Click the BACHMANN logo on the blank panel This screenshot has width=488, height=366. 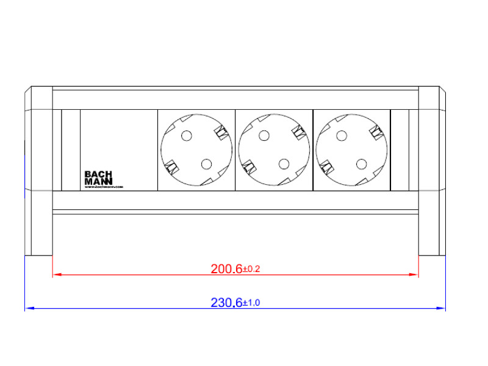pyautogui.click(x=98, y=178)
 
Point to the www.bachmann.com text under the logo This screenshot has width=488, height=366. pyautogui.click(x=104, y=187)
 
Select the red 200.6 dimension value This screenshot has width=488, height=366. pyautogui.click(x=226, y=268)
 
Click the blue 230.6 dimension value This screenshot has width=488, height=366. pyautogui.click(x=226, y=303)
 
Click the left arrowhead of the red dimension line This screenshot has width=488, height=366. pyautogui.click(x=57, y=275)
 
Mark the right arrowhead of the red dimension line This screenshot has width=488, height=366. pyautogui.click(x=415, y=275)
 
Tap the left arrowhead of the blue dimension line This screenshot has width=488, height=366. pyautogui.click(x=28, y=309)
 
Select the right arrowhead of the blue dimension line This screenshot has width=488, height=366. pyautogui.click(x=442, y=309)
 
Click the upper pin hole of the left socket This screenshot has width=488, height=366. pyautogui.click(x=187, y=136)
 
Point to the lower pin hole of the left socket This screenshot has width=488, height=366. pyautogui.click(x=206, y=163)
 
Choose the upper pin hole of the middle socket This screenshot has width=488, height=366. pyautogui.click(x=264, y=136)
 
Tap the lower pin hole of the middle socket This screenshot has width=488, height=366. pyautogui.click(x=283, y=163)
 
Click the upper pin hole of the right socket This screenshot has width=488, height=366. pyautogui.click(x=342, y=136)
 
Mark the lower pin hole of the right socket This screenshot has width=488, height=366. pyautogui.click(x=361, y=163)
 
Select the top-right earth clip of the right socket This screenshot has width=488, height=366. pyautogui.click(x=376, y=131)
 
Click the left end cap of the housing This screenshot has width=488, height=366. pyautogui.click(x=38, y=171)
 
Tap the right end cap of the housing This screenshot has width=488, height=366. pyautogui.click(x=432, y=171)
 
